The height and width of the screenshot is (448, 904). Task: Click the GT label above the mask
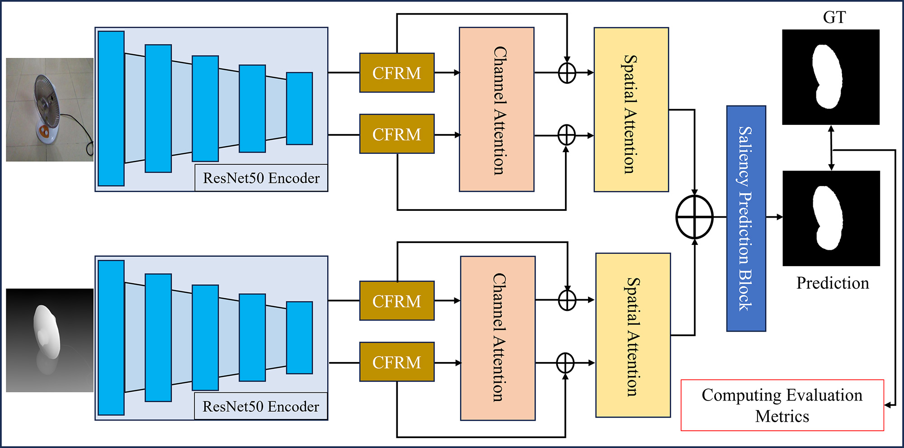(x=834, y=17)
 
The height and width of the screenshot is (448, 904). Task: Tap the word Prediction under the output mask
(x=832, y=283)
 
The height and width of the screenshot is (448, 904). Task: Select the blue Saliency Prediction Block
(x=746, y=219)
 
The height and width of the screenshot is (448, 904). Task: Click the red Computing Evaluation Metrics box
(x=782, y=405)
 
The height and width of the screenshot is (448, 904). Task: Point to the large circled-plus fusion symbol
(x=694, y=217)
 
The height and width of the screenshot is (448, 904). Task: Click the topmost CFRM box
(x=396, y=73)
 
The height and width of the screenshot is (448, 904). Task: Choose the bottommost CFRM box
(x=396, y=362)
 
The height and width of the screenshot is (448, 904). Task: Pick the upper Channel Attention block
(x=496, y=110)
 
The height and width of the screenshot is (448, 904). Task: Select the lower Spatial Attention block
(x=633, y=335)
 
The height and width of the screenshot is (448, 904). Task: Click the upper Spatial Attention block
(x=631, y=110)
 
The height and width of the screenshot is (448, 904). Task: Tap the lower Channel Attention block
(x=498, y=338)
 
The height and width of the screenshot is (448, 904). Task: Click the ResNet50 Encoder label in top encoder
(x=261, y=178)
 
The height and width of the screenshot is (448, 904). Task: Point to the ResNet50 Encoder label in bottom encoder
(x=260, y=406)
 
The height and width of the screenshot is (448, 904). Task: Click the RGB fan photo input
(x=49, y=110)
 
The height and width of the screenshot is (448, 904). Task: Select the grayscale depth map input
(x=49, y=340)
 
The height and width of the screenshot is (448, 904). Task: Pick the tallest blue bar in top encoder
(x=111, y=109)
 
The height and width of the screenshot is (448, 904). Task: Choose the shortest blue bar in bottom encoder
(x=299, y=338)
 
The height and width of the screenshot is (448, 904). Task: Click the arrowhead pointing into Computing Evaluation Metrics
(x=888, y=405)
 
